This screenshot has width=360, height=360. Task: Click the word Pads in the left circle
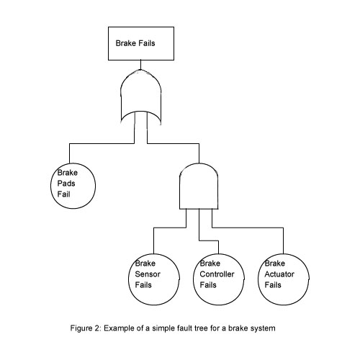coord(66,184)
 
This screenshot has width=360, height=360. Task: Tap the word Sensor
coord(148,274)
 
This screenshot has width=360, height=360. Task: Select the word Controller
coord(217,274)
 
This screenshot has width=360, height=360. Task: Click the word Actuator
coord(279,274)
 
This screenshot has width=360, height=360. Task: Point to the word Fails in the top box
coord(146,43)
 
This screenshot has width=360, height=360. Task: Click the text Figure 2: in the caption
coord(86,328)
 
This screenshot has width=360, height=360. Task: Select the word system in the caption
coord(263,328)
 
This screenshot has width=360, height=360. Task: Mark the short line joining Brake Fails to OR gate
coord(140,65)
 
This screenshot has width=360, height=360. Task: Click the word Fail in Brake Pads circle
coord(63,194)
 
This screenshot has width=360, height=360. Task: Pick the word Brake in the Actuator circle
coord(275,264)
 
